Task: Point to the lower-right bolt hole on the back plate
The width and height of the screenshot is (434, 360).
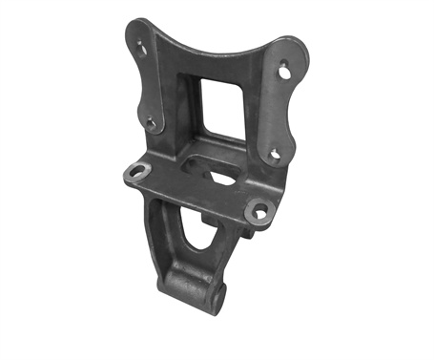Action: coord(274,153)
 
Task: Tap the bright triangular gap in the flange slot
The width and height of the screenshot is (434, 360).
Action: coord(223,179)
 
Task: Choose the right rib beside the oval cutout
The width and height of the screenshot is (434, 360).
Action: coord(223,250)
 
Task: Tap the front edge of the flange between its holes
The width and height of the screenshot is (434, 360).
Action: coord(191,197)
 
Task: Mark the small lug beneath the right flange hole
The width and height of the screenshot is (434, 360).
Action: coord(251,229)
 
